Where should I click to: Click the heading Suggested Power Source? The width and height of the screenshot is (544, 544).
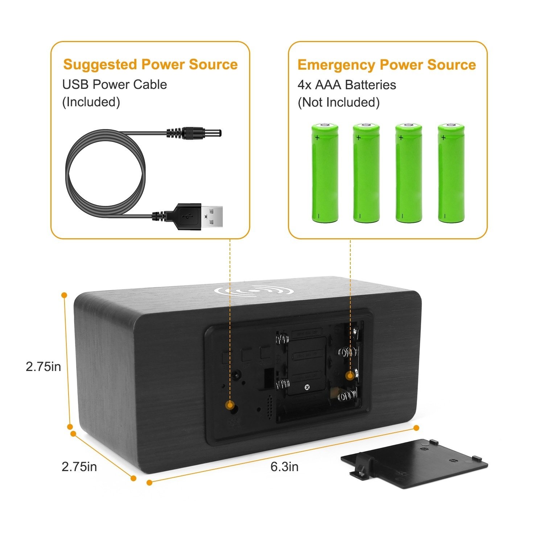[151, 65]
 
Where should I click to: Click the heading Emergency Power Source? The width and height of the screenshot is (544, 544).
[387, 65]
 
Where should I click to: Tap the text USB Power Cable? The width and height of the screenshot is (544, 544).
[115, 85]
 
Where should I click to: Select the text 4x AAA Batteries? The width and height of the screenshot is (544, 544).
[347, 85]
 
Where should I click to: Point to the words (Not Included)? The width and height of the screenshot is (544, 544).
[339, 103]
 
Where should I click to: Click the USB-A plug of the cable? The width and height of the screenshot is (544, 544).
[198, 217]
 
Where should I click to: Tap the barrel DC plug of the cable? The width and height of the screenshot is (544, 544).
[194, 133]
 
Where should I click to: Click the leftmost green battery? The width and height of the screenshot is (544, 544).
[325, 173]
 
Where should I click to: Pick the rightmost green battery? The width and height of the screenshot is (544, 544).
[451, 173]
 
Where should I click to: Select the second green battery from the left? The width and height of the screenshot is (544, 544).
[367, 173]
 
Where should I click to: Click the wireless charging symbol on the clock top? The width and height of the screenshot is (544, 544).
[254, 291]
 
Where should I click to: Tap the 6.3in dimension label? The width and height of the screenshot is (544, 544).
[285, 467]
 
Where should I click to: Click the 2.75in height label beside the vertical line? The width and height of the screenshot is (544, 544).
[44, 367]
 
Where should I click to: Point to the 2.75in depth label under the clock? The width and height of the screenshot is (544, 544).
[79, 466]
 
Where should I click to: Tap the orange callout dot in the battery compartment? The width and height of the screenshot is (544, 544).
[350, 376]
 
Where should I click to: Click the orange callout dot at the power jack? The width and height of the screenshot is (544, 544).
[230, 405]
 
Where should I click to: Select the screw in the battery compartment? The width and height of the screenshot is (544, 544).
[307, 387]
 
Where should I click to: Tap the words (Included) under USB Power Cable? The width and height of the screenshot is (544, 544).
[91, 102]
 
